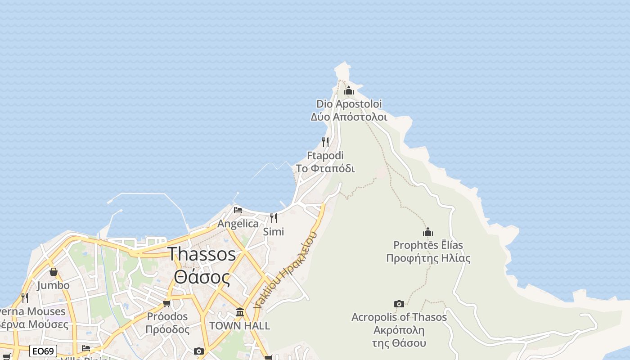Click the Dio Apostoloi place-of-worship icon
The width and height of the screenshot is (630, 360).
point(349,91)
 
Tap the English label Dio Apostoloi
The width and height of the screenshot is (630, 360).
point(349,104)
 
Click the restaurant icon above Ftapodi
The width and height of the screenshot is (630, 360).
point(325,142)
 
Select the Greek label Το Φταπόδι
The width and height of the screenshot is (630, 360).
point(325,169)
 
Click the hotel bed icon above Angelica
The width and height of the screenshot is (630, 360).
point(238,210)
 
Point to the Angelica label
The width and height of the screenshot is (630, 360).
point(238,224)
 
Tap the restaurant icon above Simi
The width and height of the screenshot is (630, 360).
point(274,218)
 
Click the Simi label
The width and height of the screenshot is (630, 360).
point(274,232)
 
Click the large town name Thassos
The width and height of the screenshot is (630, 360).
point(202,254)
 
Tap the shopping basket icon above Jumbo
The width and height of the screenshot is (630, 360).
point(54,272)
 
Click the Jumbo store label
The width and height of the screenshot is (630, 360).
point(54,285)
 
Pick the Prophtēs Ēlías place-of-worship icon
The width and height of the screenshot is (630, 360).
point(428,232)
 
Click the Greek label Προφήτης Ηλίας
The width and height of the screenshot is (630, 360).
point(428,258)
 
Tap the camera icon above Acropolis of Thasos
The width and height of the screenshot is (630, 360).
point(399,304)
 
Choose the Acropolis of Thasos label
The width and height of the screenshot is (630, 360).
point(399,317)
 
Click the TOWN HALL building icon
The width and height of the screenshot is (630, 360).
point(240,312)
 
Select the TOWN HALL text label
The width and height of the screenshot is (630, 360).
point(240,325)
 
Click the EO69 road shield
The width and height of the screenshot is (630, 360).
point(43,351)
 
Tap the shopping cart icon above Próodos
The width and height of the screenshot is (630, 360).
point(167,303)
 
